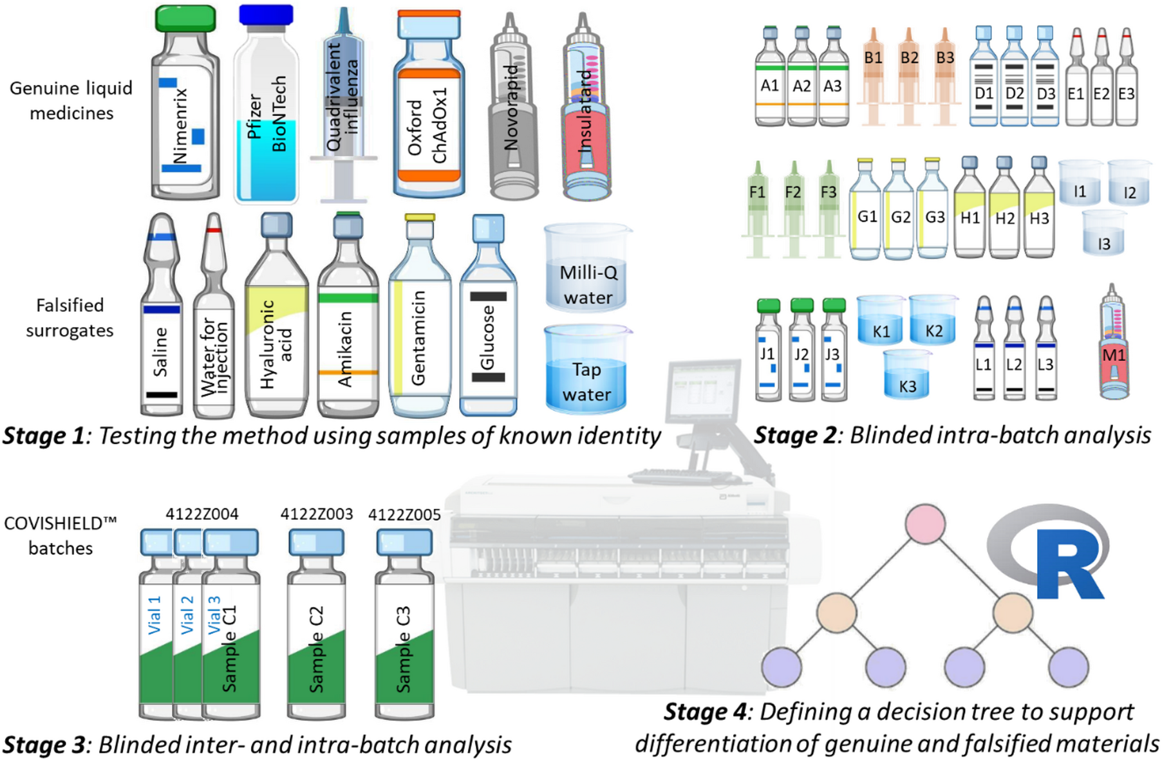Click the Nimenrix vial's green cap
(185, 19)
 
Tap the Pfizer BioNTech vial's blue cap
(266, 15)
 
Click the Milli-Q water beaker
(588, 270)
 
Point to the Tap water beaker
(586, 373)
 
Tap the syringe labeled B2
(908, 77)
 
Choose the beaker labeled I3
(1103, 235)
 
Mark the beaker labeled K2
(933, 322)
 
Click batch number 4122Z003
(317, 514)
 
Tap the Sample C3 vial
(404, 631)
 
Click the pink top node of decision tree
(925, 524)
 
